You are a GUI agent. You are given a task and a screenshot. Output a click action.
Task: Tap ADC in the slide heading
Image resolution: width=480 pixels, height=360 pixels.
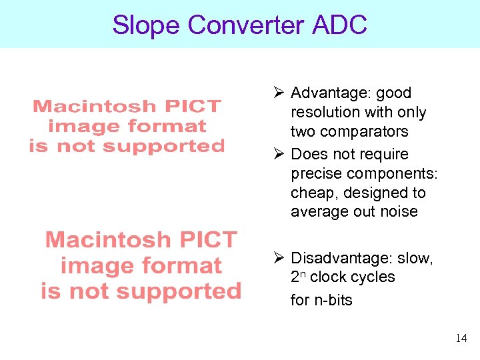coord(339,25)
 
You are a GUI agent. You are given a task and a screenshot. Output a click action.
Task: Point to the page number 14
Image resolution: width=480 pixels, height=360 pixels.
coord(461,339)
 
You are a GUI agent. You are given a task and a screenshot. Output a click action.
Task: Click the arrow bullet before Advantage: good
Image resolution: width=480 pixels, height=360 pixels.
coord(281,93)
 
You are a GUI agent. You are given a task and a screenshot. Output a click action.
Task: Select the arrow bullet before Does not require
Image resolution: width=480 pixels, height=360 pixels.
coord(281,155)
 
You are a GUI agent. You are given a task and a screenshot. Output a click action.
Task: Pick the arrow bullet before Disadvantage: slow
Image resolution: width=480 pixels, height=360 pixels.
coord(281,258)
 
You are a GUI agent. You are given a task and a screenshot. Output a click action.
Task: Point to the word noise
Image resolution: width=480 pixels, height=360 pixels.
coord(399,212)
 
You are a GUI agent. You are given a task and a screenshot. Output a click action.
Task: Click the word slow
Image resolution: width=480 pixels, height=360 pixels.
coord(417,258)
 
